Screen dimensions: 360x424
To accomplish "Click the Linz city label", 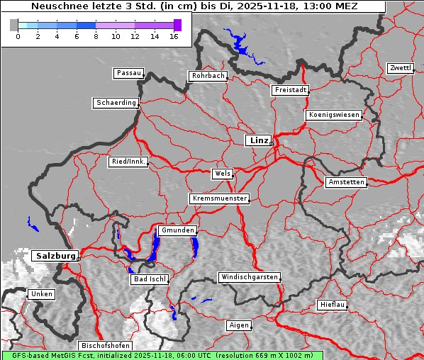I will (x=259, y=140).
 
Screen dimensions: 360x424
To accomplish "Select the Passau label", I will (x=128, y=73).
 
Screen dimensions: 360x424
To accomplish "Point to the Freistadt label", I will (x=290, y=90).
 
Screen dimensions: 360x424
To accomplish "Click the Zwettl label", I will (x=400, y=68).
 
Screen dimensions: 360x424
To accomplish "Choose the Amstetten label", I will (x=346, y=182).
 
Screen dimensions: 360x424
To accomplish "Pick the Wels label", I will (x=221, y=174).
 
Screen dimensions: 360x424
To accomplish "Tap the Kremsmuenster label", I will (x=220, y=198).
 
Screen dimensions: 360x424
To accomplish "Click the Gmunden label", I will (x=177, y=230).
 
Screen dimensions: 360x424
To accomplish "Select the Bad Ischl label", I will (x=150, y=279).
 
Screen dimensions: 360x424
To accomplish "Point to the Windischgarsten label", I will (x=248, y=277).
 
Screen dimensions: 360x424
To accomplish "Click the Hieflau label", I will (x=333, y=305).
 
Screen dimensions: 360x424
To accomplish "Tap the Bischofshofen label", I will (x=105, y=345).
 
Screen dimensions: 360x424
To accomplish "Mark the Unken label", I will (x=41, y=293).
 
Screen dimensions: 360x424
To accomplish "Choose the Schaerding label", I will (x=116, y=103).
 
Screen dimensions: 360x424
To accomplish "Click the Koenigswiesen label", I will (x=334, y=115).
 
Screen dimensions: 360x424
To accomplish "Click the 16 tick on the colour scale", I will (x=174, y=35).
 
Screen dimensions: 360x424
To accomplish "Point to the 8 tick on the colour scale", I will (x=96, y=35).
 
